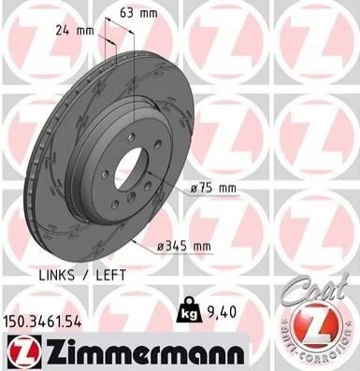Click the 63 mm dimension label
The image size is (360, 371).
(139, 13)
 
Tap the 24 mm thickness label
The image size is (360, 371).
(75, 31)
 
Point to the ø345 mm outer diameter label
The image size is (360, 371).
(184, 247)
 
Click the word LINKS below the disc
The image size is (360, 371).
(57, 275)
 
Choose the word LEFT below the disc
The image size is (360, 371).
(111, 275)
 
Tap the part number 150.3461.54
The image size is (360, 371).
(42, 321)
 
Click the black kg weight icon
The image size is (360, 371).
(188, 313)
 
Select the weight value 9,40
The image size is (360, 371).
(221, 312)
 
